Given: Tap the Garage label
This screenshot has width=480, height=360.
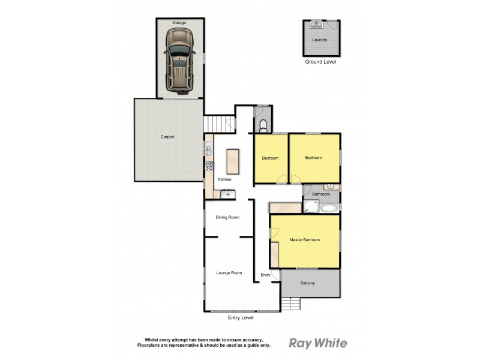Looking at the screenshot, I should click(179, 22).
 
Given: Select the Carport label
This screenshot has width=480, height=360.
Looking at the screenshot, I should click(167, 137).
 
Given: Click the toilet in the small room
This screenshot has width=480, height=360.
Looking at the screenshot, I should click(263, 124).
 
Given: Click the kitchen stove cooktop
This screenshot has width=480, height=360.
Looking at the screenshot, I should click(209, 167).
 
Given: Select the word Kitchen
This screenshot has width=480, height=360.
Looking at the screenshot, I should click(224, 179).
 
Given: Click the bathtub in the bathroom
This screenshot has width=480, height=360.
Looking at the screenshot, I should click(329, 208).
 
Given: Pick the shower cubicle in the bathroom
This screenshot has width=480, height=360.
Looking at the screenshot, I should click(311, 207).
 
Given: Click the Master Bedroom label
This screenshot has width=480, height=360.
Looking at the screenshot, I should click(305, 240).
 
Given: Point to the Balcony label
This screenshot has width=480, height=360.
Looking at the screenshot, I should click(307, 283).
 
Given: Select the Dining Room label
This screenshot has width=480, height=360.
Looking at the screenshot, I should click(227, 217).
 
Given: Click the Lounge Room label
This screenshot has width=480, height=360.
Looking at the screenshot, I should click(229, 273).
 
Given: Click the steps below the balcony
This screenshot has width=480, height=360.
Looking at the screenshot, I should click(290, 304).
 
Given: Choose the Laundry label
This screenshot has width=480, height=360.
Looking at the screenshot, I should click(320, 40).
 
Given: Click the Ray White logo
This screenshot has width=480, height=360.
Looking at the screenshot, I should click(318, 343).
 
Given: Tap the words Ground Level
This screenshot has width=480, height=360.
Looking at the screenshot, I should click(320, 61).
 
